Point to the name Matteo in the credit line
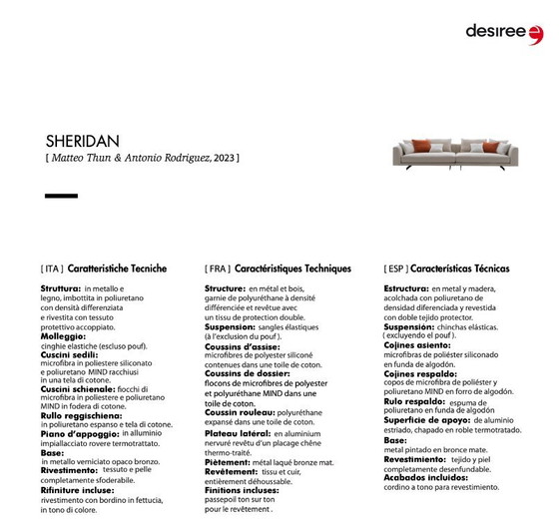[72, 158]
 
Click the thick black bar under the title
[61, 196]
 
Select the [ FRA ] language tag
[217, 268]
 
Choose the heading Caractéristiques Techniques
[293, 268]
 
